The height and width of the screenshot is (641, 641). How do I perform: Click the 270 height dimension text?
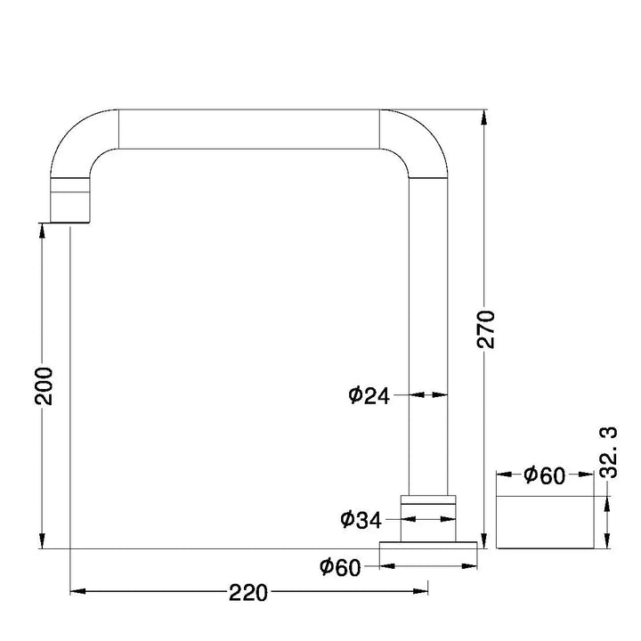point(486,329)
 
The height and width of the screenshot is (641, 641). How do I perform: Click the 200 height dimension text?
point(44,386)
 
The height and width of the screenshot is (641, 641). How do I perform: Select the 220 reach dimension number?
point(247,593)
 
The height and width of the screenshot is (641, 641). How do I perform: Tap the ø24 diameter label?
point(369,395)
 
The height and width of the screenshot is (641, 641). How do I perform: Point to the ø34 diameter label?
point(361,520)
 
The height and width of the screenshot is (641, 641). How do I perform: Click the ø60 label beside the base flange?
point(340,567)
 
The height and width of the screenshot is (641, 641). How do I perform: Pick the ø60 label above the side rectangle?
point(545,475)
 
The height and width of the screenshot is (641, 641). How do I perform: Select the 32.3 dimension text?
point(609,452)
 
